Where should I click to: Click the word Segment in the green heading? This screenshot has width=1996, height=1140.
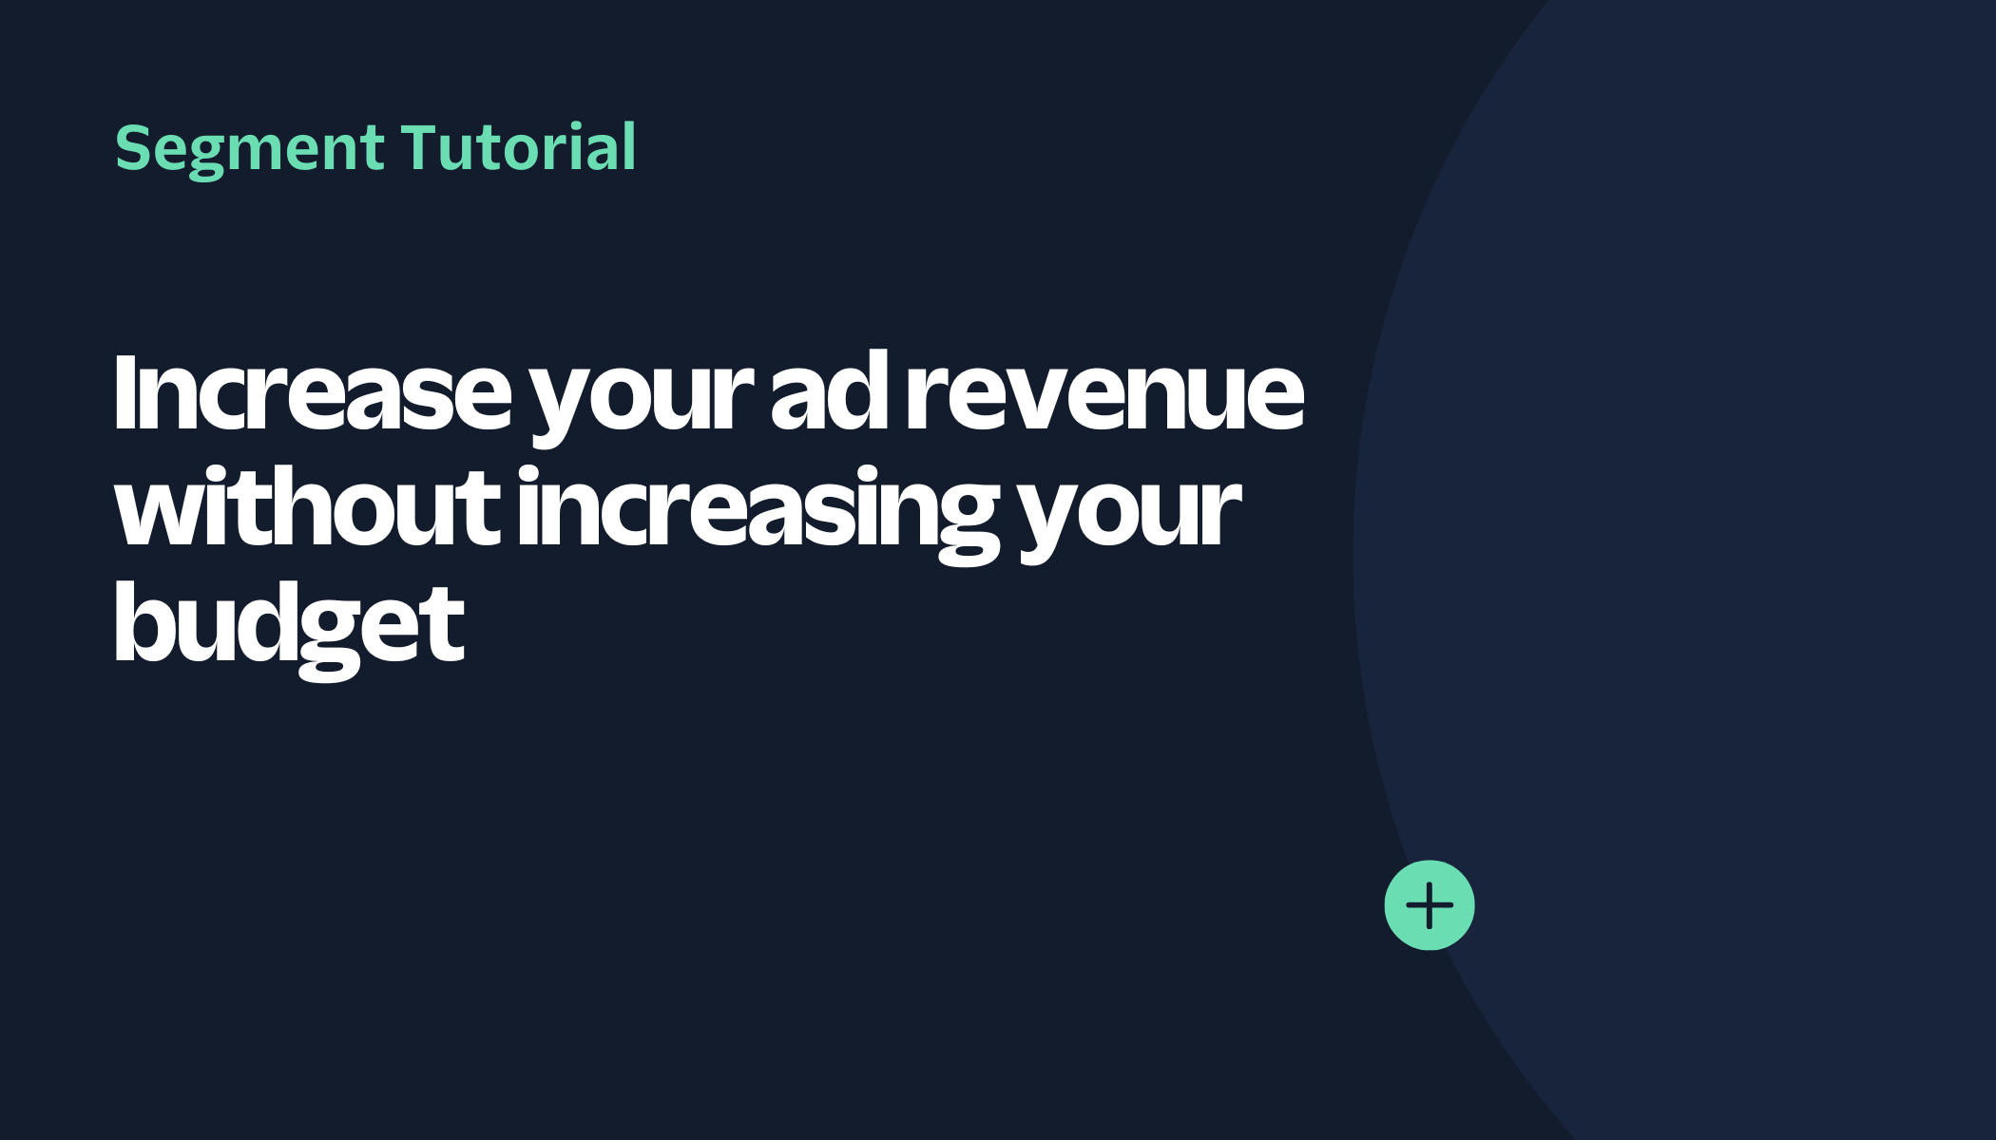[249, 150]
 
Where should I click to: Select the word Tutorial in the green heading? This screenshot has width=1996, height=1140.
[519, 147]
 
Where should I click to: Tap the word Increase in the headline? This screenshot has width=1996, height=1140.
[312, 391]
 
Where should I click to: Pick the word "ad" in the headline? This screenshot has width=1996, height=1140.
[829, 391]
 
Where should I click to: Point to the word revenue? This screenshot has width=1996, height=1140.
[1104, 397]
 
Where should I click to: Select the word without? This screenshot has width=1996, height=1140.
[307, 507]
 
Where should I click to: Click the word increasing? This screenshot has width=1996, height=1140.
[758, 514]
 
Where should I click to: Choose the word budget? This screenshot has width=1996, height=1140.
[289, 629]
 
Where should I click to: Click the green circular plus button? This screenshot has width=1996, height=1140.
[1430, 905]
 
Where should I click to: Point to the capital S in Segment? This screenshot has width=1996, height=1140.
[134, 148]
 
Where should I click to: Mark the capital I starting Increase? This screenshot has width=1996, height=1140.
[125, 392]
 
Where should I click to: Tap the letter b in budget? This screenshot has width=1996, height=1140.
[144, 623]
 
